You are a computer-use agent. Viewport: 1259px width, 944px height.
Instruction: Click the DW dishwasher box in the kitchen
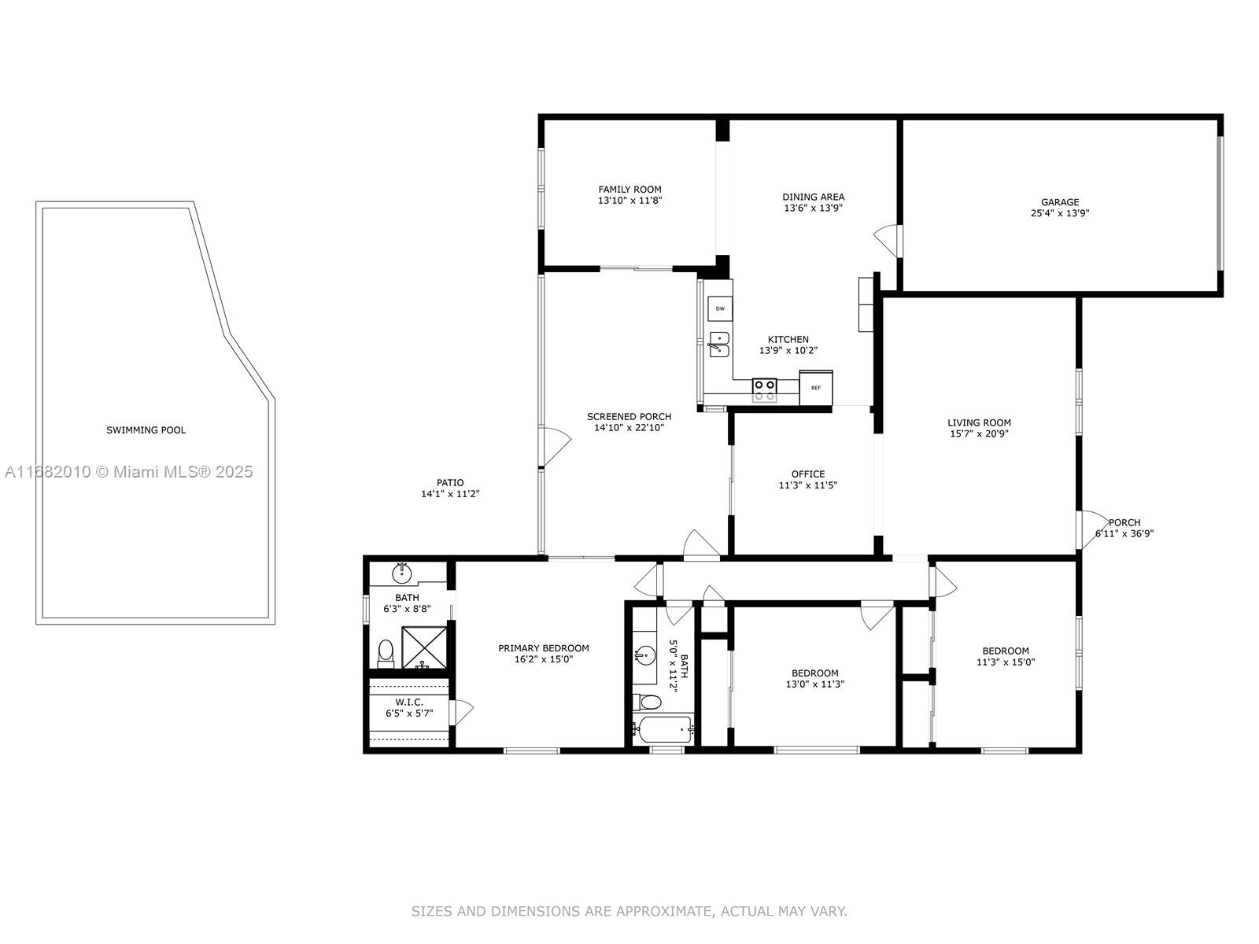point(720,308)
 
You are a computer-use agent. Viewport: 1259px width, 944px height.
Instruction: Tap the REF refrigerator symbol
point(816,388)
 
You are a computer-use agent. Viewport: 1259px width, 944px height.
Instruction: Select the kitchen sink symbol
point(719,345)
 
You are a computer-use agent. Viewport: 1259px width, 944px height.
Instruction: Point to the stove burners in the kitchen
point(765,389)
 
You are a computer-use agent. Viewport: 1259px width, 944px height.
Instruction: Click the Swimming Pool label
point(146,430)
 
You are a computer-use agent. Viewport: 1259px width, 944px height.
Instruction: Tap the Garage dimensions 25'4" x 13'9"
point(1059,213)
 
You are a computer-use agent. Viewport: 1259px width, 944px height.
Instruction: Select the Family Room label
point(629,189)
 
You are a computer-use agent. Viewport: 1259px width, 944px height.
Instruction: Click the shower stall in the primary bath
point(424,647)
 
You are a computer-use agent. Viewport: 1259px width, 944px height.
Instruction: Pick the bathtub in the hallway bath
point(663,730)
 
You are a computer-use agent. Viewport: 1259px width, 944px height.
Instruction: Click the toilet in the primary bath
point(386,654)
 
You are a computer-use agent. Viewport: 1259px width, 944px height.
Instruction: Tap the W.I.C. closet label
point(409,702)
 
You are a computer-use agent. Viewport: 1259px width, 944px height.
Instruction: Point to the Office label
point(808,474)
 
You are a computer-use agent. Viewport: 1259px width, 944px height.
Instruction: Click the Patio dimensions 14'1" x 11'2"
point(450,493)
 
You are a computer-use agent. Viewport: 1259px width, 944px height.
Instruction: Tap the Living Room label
point(979,423)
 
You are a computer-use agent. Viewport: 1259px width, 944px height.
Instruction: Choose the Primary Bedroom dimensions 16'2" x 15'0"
point(544,659)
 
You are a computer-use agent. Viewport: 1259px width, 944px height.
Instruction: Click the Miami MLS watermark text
point(128,472)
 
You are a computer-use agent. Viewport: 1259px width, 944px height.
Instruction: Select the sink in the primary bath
point(401,573)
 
